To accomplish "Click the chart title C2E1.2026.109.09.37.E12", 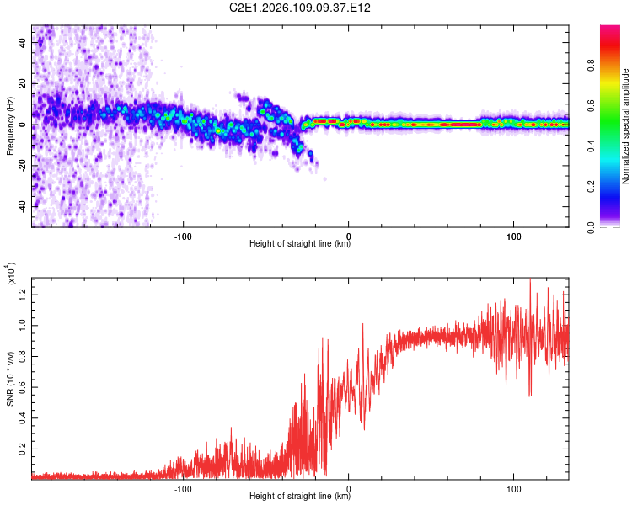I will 301,8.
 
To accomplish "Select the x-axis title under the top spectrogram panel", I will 300,244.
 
